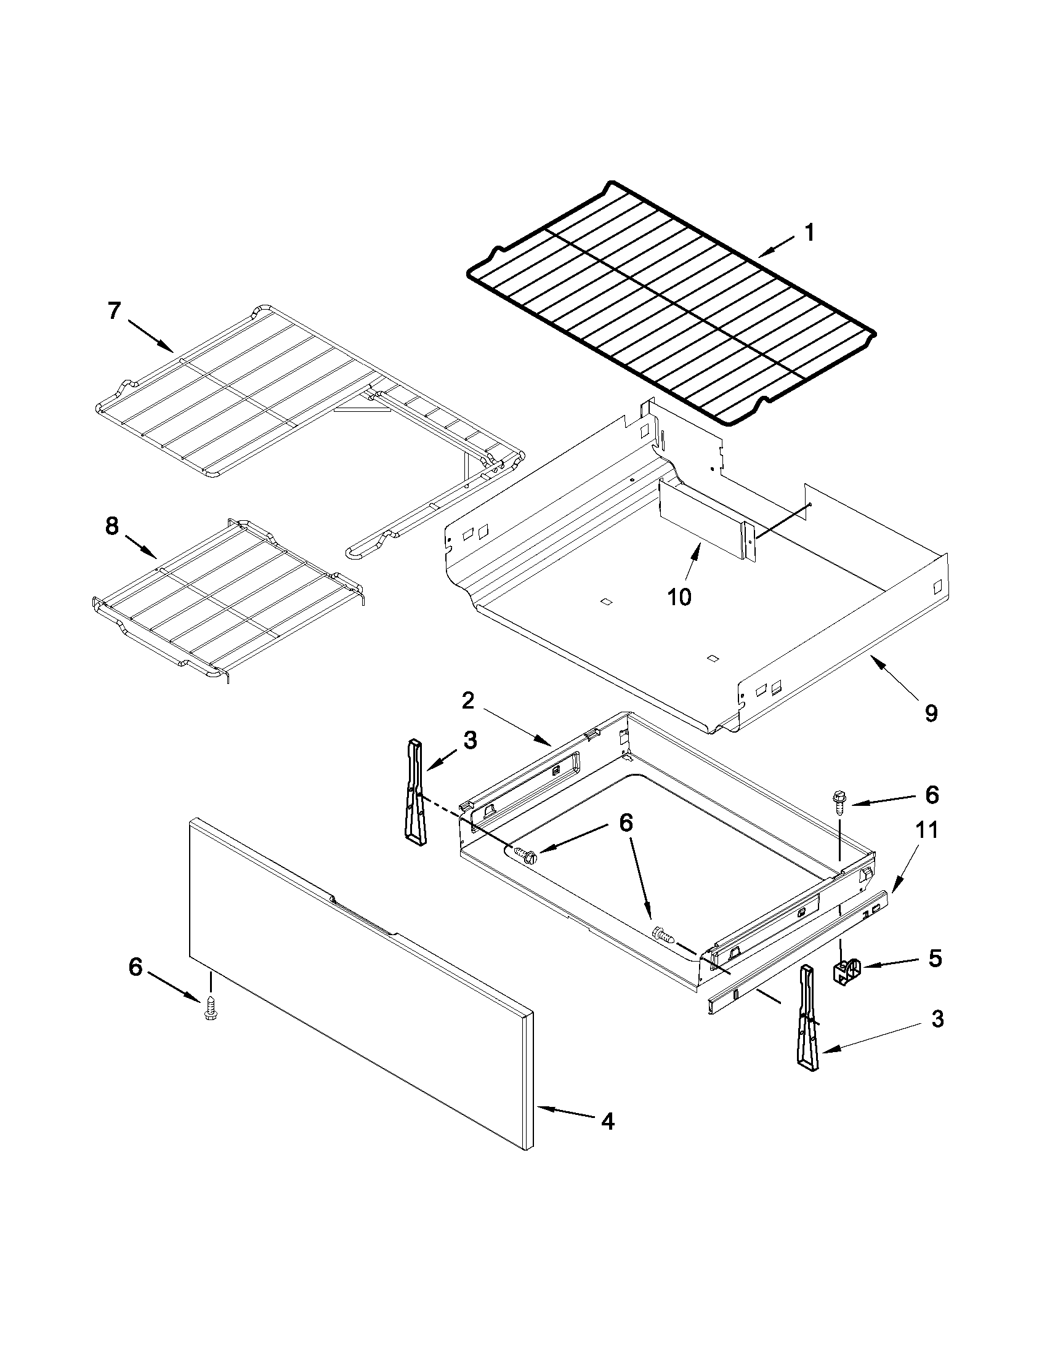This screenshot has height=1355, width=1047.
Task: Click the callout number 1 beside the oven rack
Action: (x=809, y=233)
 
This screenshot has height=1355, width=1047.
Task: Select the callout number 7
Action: (x=113, y=310)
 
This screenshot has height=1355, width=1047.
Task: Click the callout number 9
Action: (x=931, y=713)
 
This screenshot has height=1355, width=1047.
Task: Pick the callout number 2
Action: (x=468, y=701)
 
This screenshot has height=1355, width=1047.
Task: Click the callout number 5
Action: (x=935, y=958)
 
